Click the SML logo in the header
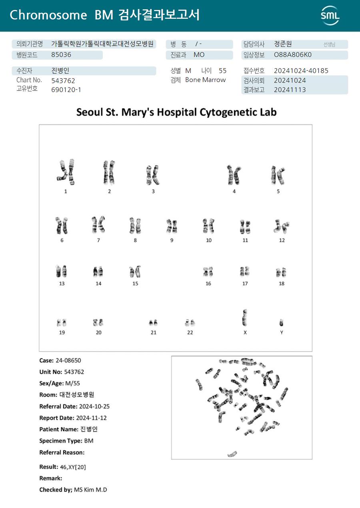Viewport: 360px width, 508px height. click(330, 16)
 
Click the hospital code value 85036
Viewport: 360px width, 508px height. click(61, 55)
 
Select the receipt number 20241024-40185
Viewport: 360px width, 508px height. click(301, 71)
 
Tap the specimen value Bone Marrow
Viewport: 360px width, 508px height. click(205, 80)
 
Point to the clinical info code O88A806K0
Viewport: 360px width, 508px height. click(292, 55)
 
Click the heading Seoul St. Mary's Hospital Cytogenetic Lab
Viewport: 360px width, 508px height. click(176, 112)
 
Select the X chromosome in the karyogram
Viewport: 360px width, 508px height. click(245, 318)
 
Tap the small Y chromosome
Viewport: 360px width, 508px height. click(282, 323)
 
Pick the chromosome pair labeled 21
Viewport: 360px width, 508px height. click(153, 322)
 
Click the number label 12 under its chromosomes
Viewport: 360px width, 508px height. click(282, 240)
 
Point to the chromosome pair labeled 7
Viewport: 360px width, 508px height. click(98, 225)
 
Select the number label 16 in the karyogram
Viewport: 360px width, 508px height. click(208, 284)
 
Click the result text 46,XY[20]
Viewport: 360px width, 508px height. click(73, 467)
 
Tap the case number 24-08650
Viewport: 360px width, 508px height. click(68, 361)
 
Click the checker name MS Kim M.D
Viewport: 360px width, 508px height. click(90, 490)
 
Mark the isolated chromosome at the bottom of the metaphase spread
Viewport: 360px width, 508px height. click(232, 454)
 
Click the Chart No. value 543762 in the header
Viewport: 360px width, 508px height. click(63, 80)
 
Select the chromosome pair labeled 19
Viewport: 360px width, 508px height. click(62, 323)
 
